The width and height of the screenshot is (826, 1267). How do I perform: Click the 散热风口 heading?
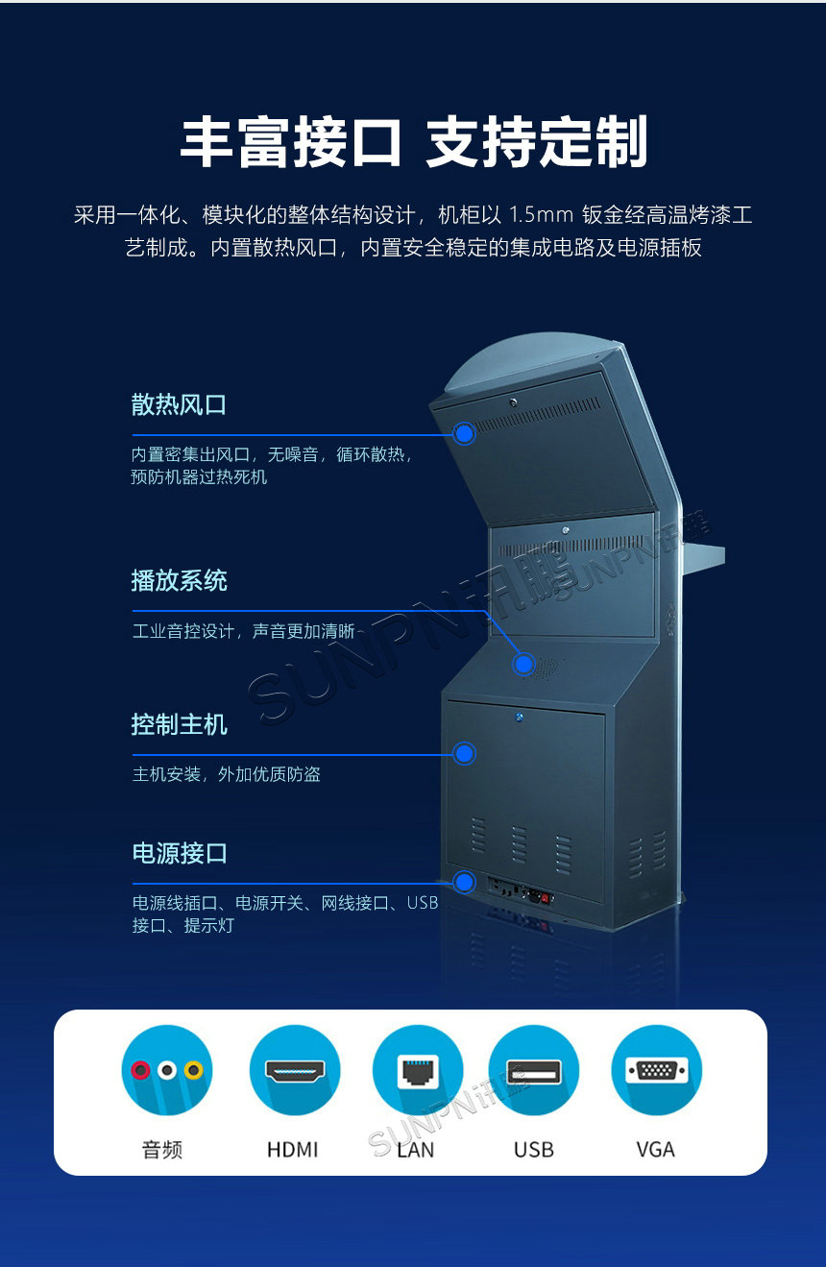pyautogui.click(x=179, y=404)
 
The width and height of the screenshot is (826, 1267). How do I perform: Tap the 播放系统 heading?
pyautogui.click(x=179, y=580)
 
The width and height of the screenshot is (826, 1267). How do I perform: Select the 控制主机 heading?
pyautogui.click(x=179, y=724)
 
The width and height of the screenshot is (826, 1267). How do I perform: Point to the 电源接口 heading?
pyautogui.click(x=179, y=853)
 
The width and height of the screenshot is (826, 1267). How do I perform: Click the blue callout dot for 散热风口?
pyautogui.click(x=464, y=433)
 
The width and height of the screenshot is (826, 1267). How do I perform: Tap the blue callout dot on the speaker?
pyautogui.click(x=523, y=663)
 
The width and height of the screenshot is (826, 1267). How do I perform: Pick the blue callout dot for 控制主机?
pyautogui.click(x=464, y=754)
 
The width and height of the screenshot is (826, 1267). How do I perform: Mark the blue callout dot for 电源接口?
pyautogui.click(x=464, y=882)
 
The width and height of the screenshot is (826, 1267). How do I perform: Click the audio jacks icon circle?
pyautogui.click(x=166, y=1070)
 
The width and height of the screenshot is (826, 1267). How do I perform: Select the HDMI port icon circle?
pyautogui.click(x=294, y=1070)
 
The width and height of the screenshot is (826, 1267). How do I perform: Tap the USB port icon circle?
pyautogui.click(x=533, y=1070)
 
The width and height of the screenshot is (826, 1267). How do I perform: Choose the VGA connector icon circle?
pyautogui.click(x=656, y=1070)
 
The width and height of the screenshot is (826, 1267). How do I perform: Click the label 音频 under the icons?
pyautogui.click(x=162, y=1149)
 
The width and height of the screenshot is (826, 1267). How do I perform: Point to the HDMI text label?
pyautogui.click(x=292, y=1149)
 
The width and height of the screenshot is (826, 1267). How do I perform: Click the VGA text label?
pyautogui.click(x=655, y=1149)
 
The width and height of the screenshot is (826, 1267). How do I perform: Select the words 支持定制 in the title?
pyautogui.click(x=536, y=143)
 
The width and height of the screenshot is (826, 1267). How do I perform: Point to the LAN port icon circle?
pyautogui.click(x=417, y=1070)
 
